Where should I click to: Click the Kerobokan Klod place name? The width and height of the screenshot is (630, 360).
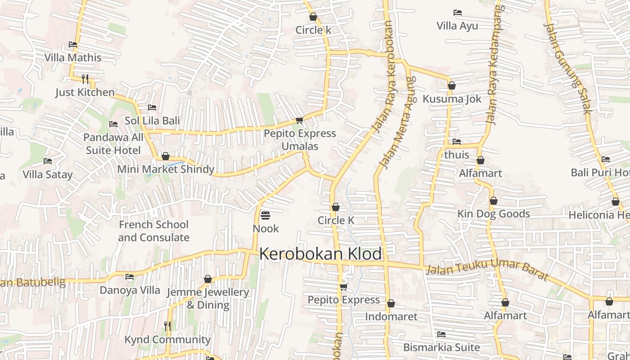(x=320, y=254)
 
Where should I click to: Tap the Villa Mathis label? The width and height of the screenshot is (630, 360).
(x=73, y=58)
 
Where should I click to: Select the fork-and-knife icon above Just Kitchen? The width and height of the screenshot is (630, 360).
(x=85, y=79)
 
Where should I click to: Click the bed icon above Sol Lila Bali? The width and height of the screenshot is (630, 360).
(x=152, y=108)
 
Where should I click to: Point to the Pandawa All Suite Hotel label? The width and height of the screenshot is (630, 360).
(x=113, y=144)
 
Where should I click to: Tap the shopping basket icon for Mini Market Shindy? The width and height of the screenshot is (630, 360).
(x=166, y=156)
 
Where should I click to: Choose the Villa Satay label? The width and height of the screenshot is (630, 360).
(x=48, y=175)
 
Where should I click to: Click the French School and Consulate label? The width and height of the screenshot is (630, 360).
(x=153, y=231)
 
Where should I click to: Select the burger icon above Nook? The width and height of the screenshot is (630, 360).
(x=265, y=215)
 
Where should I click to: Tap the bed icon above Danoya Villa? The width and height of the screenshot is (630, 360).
(x=130, y=277)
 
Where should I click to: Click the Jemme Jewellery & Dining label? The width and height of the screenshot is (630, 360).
(x=208, y=298)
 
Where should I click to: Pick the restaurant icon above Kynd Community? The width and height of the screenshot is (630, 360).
(x=167, y=326)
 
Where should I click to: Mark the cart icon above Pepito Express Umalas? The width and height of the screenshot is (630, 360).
(x=299, y=121)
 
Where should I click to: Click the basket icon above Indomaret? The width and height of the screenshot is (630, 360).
(x=391, y=304)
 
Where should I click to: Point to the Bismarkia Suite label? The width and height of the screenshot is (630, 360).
(x=441, y=347)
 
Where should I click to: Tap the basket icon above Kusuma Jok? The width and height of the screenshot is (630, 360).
(x=452, y=85)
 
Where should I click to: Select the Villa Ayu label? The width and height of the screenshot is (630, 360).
(x=457, y=26)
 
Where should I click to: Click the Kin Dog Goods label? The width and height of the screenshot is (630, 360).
(x=494, y=214)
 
